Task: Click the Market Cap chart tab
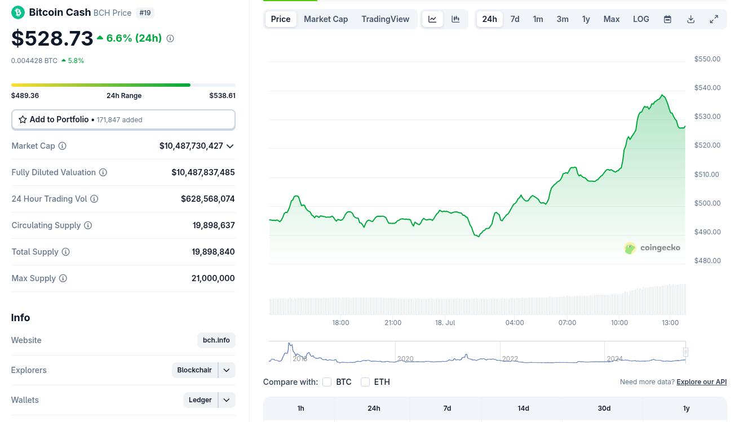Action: pyautogui.click(x=325, y=19)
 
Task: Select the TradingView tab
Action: pyautogui.click(x=385, y=19)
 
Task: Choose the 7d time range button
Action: pyautogui.click(x=515, y=19)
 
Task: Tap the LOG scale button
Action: pyautogui.click(x=641, y=19)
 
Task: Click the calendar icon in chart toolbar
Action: pyautogui.click(x=667, y=19)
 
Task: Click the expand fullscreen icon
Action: pyautogui.click(x=714, y=19)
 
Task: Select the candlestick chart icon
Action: pyautogui.click(x=455, y=19)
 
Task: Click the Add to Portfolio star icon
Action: pyautogui.click(x=23, y=119)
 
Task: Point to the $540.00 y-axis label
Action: pyautogui.click(x=707, y=87)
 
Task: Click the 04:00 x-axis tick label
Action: pyautogui.click(x=515, y=323)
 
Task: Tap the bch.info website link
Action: pyautogui.click(x=216, y=340)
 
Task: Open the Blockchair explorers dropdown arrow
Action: pyautogui.click(x=227, y=370)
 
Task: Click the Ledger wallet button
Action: pyautogui.click(x=200, y=400)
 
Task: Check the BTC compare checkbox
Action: pyautogui.click(x=327, y=382)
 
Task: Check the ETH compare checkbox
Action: pyautogui.click(x=365, y=382)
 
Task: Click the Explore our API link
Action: pyautogui.click(x=702, y=382)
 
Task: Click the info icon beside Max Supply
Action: pyautogui.click(x=63, y=278)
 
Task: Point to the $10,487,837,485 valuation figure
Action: pyautogui.click(x=203, y=172)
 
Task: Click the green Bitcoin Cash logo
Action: pyautogui.click(x=18, y=13)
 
